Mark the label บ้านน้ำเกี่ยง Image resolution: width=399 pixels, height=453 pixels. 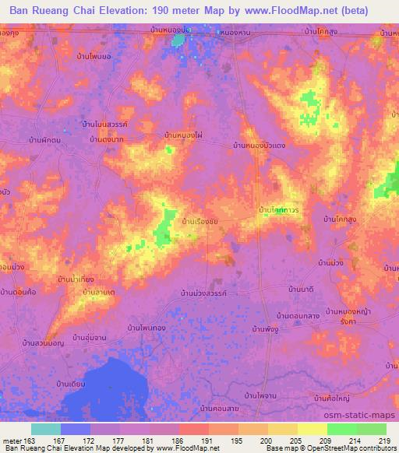76,278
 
